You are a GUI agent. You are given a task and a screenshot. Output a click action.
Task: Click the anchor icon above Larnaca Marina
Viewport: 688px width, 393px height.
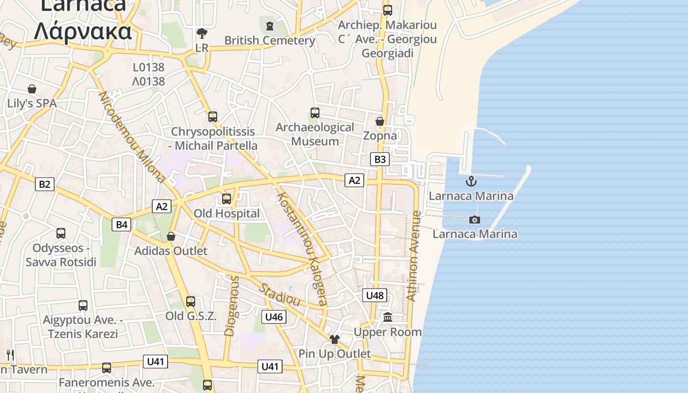click(x=471, y=181)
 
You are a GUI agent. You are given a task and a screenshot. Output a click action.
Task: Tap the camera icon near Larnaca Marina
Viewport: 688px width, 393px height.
click(x=475, y=220)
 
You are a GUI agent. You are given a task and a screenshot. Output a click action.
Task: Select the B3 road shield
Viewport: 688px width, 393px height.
click(x=380, y=159)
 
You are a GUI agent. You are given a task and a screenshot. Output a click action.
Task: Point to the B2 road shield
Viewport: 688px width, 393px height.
click(x=44, y=184)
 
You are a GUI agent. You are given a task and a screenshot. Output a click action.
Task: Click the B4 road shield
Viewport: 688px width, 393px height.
click(x=121, y=225)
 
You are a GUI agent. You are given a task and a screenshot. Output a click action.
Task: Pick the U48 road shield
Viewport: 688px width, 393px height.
click(x=375, y=295)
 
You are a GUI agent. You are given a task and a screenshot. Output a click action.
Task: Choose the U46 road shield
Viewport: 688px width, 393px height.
click(x=274, y=317)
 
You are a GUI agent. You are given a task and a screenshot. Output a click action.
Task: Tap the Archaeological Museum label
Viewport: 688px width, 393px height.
click(x=315, y=134)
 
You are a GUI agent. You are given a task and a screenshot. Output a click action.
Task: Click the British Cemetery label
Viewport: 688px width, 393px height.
click(x=270, y=40)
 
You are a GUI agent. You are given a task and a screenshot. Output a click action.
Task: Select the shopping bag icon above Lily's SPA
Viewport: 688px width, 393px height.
click(x=32, y=89)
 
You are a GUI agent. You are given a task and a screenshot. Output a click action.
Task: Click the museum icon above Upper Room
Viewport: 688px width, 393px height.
click(x=388, y=317)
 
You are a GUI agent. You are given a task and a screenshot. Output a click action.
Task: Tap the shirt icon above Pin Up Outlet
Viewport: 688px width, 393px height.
click(x=335, y=339)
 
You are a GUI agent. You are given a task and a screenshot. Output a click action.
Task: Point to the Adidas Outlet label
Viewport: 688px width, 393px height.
click(x=171, y=251)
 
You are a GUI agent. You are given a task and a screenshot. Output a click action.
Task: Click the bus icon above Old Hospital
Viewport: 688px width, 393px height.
click(x=227, y=199)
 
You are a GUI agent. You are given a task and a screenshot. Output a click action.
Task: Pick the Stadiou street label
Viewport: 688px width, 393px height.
click(x=280, y=294)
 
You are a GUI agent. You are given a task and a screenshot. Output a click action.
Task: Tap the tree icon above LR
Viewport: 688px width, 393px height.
click(x=201, y=33)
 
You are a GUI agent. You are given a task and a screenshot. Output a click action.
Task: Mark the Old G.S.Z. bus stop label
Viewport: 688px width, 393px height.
click(x=191, y=316)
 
